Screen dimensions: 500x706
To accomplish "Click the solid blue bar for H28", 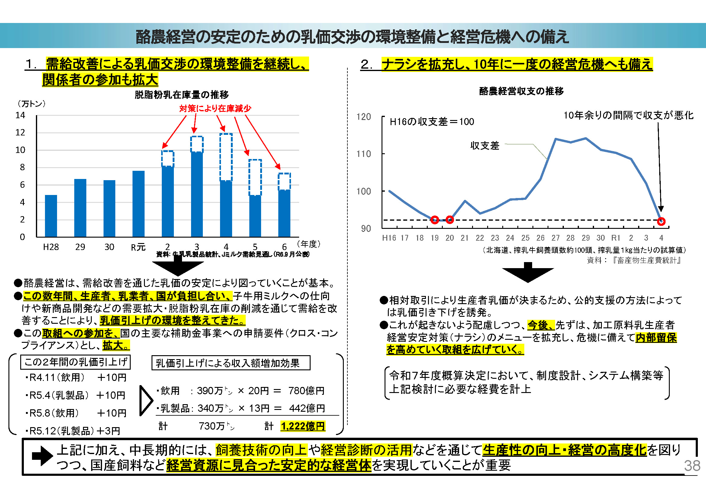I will (x=51, y=216).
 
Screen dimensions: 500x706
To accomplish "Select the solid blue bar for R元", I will (x=138, y=204).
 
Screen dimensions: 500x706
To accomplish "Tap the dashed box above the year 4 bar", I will (x=226, y=157).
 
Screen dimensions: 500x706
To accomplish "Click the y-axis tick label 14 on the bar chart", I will (x=20, y=115).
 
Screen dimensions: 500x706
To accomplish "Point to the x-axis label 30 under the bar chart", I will (x=109, y=247).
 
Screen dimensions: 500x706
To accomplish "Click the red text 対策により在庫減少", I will (x=215, y=109).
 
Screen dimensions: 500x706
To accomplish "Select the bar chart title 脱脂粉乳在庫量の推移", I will (x=181, y=95).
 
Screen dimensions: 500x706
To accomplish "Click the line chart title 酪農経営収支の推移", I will (x=521, y=91).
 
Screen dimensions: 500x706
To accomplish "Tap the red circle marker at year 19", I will (x=434, y=219).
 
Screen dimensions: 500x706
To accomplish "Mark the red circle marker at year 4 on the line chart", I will (x=661, y=221).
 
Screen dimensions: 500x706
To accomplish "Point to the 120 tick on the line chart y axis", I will (x=363, y=117).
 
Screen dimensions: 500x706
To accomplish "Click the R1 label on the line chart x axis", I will (x=615, y=238).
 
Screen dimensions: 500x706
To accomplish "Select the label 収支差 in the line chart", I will (x=485, y=146).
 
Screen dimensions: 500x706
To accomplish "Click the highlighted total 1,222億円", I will (x=303, y=426).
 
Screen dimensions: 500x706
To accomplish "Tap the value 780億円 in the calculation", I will (x=306, y=391).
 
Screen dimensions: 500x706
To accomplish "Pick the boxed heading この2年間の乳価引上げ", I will (x=75, y=362).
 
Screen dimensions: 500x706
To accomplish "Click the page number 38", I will (x=692, y=466).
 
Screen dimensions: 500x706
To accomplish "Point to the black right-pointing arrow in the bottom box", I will (x=42, y=456).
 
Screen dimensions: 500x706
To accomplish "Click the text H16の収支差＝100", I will (x=432, y=122).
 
